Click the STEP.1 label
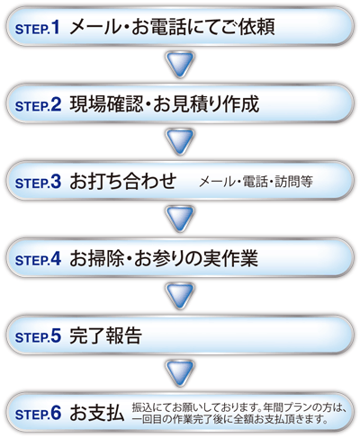coord(38,28)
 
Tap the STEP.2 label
coord(38,105)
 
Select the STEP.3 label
coord(38,182)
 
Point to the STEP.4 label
coord(38,259)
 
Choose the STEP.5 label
coord(38,336)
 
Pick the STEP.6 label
coord(38,413)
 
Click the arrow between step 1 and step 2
coord(180,65)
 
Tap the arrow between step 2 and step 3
coord(180,142)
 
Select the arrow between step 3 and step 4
coord(180,219)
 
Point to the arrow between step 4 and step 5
coord(180,296)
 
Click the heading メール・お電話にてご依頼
coord(172,27)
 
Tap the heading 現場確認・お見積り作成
coord(165,104)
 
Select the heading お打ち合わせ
coord(123,182)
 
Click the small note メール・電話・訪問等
coord(256,182)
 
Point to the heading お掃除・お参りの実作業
coord(164,258)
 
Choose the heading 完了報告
coord(105,335)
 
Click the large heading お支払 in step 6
coord(97,413)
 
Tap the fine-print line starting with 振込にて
coord(239,407)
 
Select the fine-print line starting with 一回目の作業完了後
coord(229,419)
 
